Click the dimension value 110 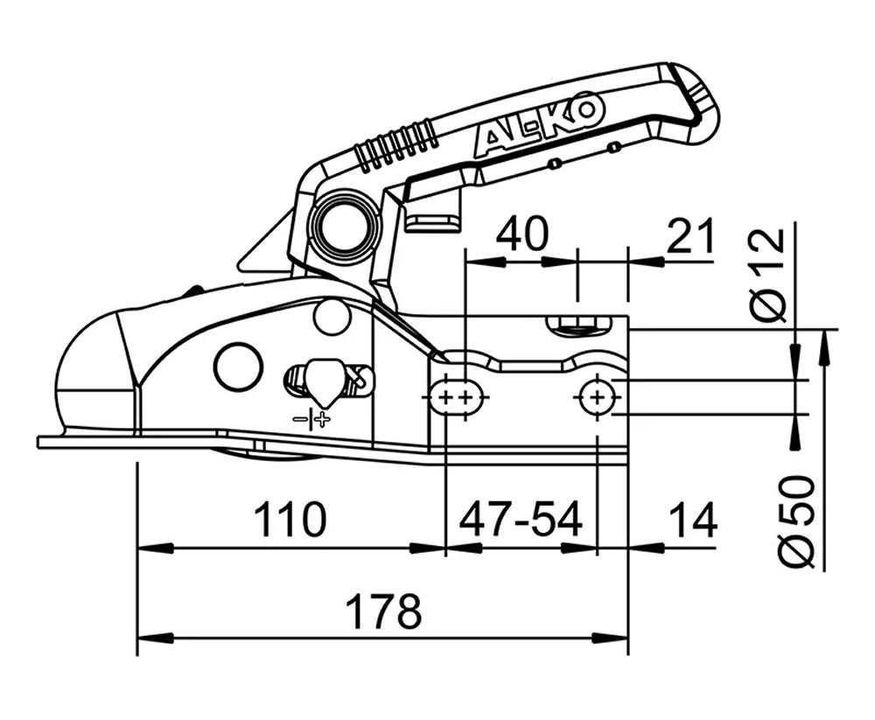[x=290, y=521]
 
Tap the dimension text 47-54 [x=521, y=521]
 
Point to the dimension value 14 [x=692, y=521]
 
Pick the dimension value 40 [x=521, y=234]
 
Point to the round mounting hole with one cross [x=597, y=398]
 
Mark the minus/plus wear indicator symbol [x=312, y=420]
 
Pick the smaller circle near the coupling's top [x=332, y=317]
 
